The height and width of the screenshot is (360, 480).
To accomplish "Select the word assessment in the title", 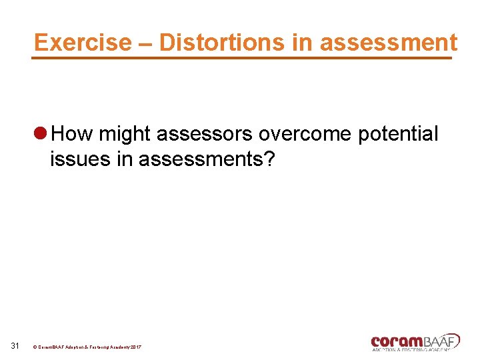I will (389, 42).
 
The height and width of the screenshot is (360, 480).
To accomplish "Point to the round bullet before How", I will (40, 134).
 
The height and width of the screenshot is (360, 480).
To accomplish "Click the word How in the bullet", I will (73, 134).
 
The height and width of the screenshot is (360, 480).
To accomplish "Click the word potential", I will (398, 135).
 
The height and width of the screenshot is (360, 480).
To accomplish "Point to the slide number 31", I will (17, 345).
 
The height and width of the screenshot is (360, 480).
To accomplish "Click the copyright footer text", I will (87, 347).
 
